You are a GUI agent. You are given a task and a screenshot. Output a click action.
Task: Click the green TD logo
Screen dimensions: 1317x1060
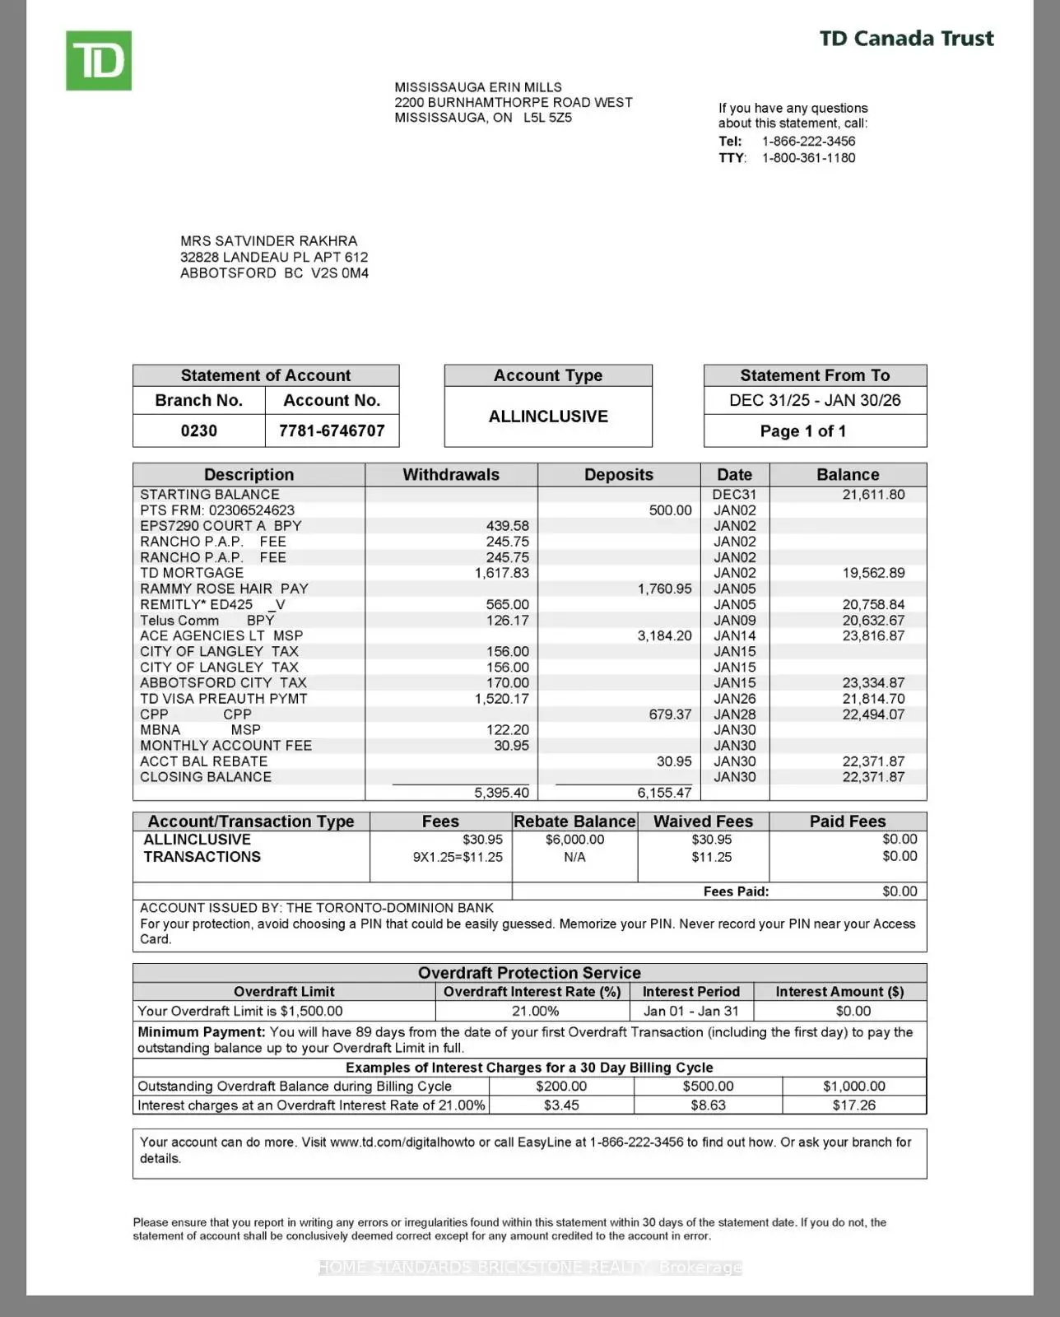pyautogui.click(x=99, y=61)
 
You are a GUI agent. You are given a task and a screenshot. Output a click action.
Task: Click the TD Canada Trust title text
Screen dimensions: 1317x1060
pyautogui.click(x=906, y=39)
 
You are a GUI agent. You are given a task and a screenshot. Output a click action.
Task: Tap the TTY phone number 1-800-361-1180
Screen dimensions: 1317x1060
pyautogui.click(x=808, y=158)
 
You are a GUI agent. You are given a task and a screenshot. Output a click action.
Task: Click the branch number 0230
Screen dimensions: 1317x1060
pyautogui.click(x=198, y=430)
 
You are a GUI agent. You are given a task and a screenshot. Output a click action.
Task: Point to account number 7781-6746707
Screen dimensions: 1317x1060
pyautogui.click(x=332, y=430)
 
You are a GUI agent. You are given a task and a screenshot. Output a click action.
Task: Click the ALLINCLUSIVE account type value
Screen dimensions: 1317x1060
pyautogui.click(x=548, y=417)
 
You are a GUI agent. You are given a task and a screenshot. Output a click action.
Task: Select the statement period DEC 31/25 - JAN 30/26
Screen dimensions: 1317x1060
pyautogui.click(x=815, y=400)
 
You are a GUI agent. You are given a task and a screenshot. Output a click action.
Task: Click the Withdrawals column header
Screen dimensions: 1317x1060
pyautogui.click(x=451, y=475)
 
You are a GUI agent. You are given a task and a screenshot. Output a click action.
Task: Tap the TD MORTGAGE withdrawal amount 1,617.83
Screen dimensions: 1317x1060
pyautogui.click(x=502, y=573)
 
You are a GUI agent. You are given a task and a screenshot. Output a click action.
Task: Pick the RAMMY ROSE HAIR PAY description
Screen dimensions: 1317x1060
pyautogui.click(x=224, y=589)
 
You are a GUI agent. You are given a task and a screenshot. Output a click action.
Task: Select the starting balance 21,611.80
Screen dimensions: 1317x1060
pyautogui.click(x=873, y=495)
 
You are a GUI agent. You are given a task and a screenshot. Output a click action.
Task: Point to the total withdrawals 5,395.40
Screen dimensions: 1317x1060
pyautogui.click(x=501, y=793)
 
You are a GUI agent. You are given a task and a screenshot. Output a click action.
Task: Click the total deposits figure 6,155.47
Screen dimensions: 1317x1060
pyautogui.click(x=664, y=793)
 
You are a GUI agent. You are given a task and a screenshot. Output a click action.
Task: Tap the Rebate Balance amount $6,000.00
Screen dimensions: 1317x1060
pyautogui.click(x=574, y=840)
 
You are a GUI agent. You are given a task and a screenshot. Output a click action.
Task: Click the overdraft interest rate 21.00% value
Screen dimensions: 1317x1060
pyautogui.click(x=535, y=1011)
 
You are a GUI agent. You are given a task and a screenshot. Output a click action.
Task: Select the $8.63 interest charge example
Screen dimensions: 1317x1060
pyautogui.click(x=708, y=1105)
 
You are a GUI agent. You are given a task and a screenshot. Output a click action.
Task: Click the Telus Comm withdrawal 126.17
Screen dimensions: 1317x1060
pyautogui.click(x=507, y=621)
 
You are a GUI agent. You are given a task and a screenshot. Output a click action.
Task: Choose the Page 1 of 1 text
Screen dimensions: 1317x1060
pyautogui.click(x=802, y=431)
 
